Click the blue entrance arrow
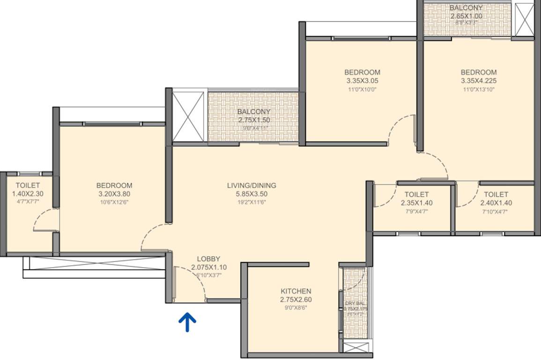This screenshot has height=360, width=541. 187,322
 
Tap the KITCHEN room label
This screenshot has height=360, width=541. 296,291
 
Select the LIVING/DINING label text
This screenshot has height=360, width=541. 252,185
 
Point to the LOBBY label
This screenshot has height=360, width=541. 208,259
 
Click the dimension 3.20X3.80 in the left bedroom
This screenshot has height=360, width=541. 114,194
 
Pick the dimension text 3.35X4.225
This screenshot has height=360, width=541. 479,81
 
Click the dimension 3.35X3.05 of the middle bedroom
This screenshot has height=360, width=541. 362,81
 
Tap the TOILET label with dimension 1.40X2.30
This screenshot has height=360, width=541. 28,186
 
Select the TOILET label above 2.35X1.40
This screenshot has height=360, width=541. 416,194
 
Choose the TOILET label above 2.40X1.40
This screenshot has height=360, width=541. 496,194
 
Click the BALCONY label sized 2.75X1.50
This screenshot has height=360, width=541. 253,112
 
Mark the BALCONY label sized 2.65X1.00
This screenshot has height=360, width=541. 466,8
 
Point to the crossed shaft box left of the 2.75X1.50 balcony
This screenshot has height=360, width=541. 188,117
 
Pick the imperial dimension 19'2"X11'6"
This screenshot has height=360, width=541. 252,202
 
